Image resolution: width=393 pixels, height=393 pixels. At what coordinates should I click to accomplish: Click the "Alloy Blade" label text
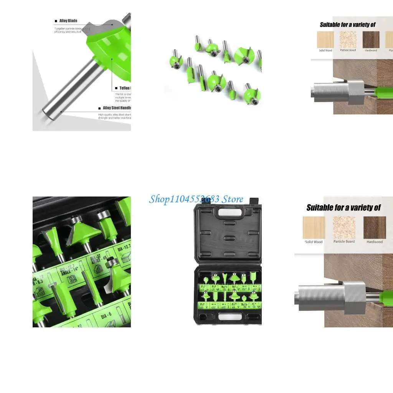click(x=68, y=21)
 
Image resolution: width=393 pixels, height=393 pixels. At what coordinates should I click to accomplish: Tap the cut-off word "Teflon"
click(x=125, y=88)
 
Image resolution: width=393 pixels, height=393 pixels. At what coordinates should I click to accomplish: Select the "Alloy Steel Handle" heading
click(x=117, y=108)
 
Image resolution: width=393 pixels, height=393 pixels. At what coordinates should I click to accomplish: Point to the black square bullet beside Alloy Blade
click(x=56, y=21)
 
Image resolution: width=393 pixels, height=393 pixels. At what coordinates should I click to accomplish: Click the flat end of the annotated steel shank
click(x=46, y=114)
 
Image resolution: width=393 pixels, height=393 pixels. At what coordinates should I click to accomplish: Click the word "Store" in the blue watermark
click(x=233, y=199)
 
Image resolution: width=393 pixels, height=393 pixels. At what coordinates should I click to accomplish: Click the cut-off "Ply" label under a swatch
click(x=390, y=50)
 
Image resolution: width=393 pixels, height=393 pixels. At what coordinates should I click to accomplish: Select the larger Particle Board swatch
click(x=344, y=227)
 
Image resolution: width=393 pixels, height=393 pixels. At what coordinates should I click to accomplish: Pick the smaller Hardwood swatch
click(x=371, y=40)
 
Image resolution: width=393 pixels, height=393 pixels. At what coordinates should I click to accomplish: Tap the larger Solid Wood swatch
click(x=314, y=228)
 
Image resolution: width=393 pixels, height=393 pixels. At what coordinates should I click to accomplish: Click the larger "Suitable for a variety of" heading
click(x=343, y=208)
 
